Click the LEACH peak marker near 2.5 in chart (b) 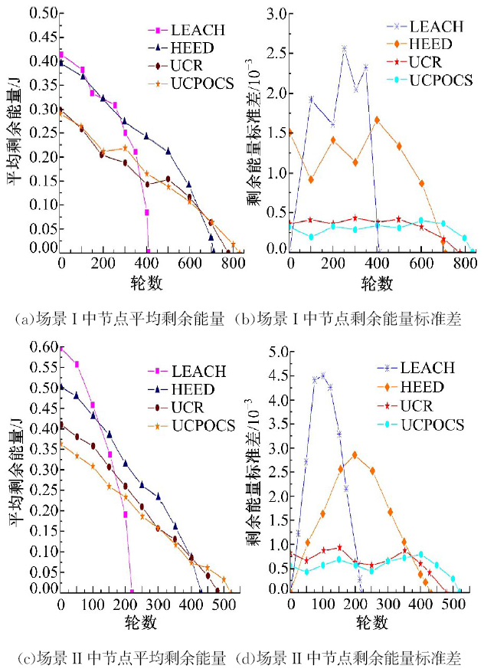pos(345,48)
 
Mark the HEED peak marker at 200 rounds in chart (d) pos(355,454)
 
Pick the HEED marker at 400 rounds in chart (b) pos(378,120)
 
